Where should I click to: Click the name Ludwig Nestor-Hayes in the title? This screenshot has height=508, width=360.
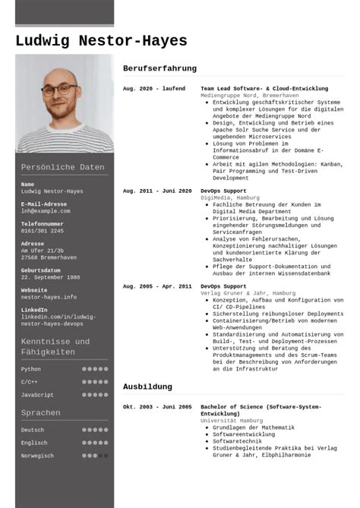coord(100,41)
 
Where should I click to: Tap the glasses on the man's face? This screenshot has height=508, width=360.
coord(59,88)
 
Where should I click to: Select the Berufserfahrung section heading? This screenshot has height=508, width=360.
coord(159,68)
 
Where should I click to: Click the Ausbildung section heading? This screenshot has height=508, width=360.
coord(147,387)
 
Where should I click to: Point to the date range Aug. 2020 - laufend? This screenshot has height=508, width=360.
coord(153,89)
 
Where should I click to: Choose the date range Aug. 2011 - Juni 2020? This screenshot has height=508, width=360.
coord(157,191)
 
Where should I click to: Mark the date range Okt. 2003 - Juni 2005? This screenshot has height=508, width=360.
coord(157,407)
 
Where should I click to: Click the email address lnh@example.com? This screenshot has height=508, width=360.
coord(45,210)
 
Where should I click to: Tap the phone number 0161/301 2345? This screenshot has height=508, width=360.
coord(44,231)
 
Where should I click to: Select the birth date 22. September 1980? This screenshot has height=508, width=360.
coord(52,277)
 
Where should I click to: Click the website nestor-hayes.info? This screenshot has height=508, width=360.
coord(49,297)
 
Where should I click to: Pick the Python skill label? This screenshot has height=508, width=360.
coord(31,369)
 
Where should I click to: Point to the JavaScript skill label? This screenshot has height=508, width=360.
coord(37,395)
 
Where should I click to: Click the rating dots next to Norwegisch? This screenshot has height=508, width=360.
coord(95,456)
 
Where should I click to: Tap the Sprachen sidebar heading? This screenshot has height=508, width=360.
coord(41,413)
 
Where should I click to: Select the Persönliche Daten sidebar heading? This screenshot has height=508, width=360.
coord(62,167)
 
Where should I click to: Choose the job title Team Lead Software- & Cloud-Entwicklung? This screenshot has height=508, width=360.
coord(264,89)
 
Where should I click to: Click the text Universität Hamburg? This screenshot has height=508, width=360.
coord(232,420)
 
